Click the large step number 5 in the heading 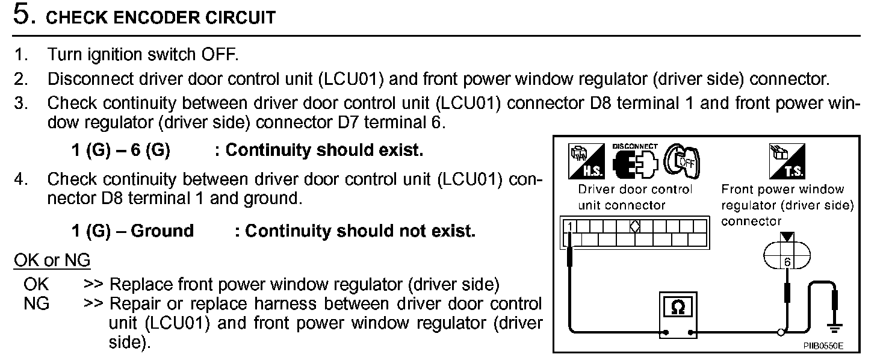22,16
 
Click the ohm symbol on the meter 677,308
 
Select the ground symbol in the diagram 835,327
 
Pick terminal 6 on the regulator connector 787,262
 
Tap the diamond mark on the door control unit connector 635,226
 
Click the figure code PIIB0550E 823,347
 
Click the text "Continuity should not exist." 360,231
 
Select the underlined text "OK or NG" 52,261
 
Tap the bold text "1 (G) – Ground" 132,231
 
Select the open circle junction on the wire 781,332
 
